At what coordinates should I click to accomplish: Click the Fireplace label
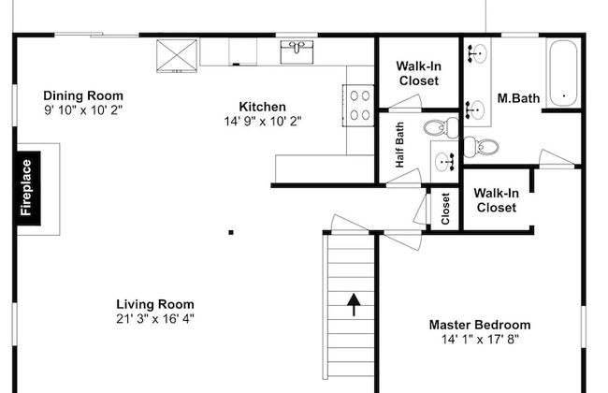click(x=26, y=188)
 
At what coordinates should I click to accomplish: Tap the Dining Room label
click(x=83, y=95)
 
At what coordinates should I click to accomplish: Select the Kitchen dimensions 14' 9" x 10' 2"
click(x=263, y=122)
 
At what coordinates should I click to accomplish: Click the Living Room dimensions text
click(x=155, y=319)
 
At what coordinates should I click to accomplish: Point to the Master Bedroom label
click(x=480, y=325)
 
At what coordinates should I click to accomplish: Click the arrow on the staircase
click(x=354, y=304)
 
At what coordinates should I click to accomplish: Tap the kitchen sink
click(x=297, y=51)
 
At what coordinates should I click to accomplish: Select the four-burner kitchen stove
click(x=358, y=105)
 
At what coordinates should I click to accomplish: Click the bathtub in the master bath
click(x=563, y=73)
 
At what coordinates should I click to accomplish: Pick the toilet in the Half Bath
click(x=441, y=127)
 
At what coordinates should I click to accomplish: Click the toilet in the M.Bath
click(x=481, y=147)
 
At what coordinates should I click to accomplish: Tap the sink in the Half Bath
click(x=444, y=161)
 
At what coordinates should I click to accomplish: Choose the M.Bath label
click(x=518, y=98)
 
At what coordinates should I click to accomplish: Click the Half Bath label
click(x=399, y=145)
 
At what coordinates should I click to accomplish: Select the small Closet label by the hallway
click(x=445, y=209)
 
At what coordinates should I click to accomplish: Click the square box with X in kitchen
click(x=177, y=56)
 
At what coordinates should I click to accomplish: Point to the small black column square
click(x=231, y=233)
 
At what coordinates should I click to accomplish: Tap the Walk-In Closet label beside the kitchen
click(x=419, y=73)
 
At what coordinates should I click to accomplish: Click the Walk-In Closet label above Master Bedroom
click(x=497, y=200)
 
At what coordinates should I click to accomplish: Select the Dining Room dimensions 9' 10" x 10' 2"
click(x=83, y=110)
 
